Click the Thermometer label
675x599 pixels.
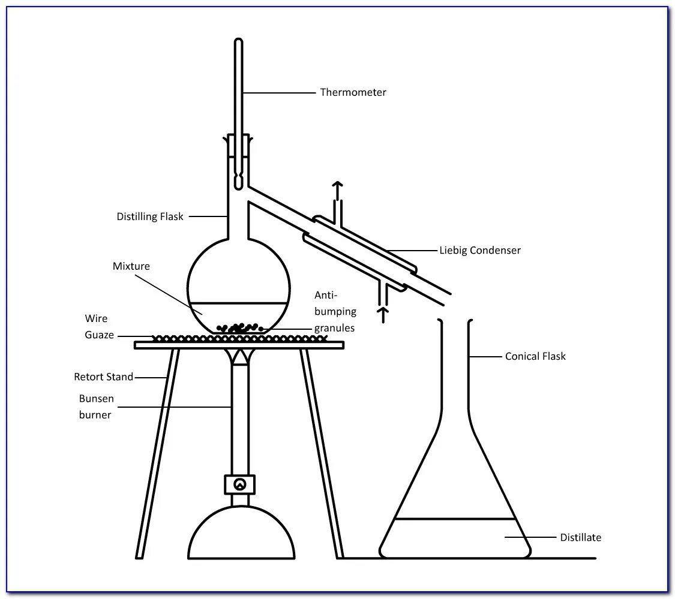(x=353, y=92)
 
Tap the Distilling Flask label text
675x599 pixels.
(x=150, y=216)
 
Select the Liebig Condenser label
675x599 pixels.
(x=480, y=250)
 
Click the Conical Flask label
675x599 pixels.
(x=535, y=356)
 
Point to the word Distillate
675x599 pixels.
(x=580, y=537)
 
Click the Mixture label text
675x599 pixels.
(x=131, y=266)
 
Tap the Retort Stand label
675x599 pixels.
(x=103, y=377)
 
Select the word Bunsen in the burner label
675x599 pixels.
(x=96, y=399)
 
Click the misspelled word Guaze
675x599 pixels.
(x=99, y=335)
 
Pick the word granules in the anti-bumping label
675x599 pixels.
(x=334, y=328)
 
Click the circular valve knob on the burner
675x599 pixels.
(x=239, y=484)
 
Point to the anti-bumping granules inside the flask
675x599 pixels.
(x=240, y=327)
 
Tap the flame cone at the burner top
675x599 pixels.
(x=239, y=357)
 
